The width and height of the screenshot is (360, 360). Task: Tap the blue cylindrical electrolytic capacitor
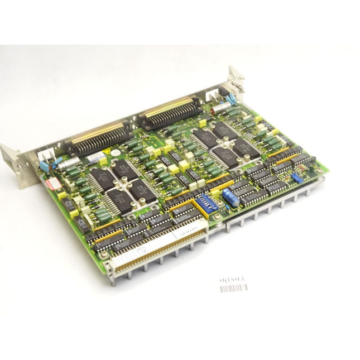coord(229,195)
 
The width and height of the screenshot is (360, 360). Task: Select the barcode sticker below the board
coord(233,289)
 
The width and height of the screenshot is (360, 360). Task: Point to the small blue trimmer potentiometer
coord(294,178)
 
